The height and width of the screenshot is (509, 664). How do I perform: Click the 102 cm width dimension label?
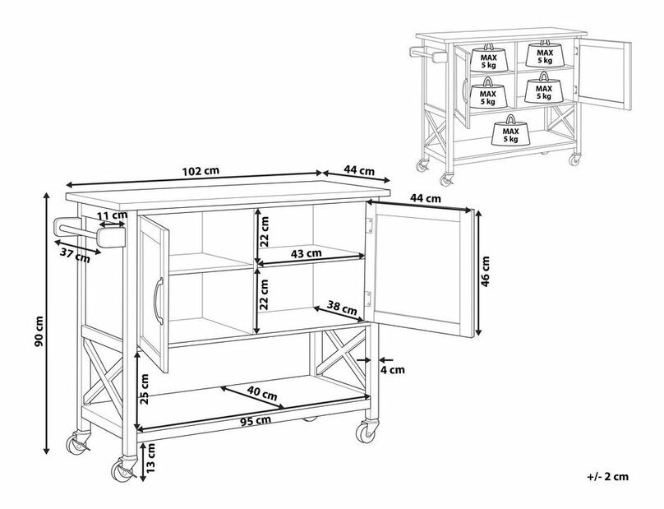(201, 171)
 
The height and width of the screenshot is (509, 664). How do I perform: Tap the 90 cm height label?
(39, 331)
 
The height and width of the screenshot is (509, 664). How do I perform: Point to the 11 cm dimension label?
(113, 215)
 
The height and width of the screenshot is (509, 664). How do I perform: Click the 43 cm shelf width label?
(307, 253)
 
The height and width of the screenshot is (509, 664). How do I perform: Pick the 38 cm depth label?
(342, 308)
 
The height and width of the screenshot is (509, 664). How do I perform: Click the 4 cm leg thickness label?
(392, 370)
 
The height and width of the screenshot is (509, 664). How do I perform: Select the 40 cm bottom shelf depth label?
(262, 394)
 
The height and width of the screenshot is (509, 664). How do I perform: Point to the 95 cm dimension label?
(256, 421)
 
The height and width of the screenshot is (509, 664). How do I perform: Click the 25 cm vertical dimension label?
(145, 389)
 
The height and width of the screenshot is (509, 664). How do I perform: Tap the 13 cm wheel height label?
(151, 458)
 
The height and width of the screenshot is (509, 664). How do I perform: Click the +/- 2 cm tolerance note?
(607, 476)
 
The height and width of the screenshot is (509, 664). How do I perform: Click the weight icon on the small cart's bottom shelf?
(510, 130)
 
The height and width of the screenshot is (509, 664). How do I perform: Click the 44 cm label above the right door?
(425, 198)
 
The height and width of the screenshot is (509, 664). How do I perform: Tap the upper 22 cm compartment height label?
(264, 231)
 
